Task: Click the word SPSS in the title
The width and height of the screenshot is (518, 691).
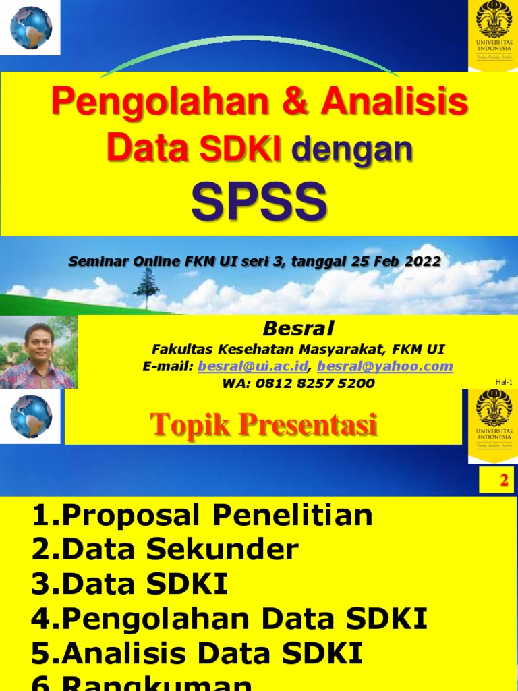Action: coord(259,202)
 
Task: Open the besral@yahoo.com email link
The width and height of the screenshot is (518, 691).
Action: coord(385,366)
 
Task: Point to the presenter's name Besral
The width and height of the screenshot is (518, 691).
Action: coord(297,329)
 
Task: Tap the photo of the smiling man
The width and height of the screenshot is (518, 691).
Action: coord(38,352)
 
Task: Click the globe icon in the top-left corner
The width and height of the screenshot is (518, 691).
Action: coord(30,28)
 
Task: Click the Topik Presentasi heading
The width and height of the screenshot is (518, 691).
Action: coord(263,424)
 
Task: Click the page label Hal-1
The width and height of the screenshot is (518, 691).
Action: coord(503,383)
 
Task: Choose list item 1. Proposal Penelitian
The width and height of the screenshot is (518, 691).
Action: coord(202,516)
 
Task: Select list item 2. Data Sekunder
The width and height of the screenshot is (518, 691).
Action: coord(165,549)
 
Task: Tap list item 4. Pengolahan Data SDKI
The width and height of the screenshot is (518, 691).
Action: coord(229,619)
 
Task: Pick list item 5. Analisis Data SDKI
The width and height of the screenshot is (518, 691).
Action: coord(197,653)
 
